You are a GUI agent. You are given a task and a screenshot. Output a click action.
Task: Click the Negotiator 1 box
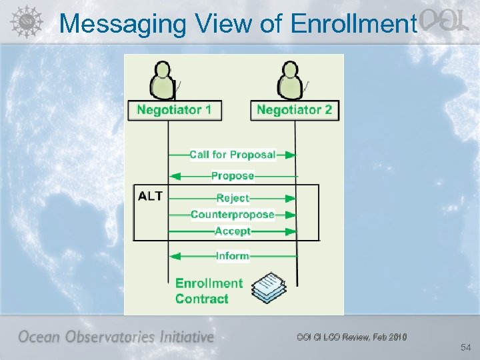(175, 110)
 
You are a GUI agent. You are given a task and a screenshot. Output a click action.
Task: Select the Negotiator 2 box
(294, 110)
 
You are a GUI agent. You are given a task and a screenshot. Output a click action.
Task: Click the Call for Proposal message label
(232, 155)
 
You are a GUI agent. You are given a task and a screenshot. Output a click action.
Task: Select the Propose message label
(233, 176)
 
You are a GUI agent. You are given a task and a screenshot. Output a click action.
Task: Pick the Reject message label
(233, 198)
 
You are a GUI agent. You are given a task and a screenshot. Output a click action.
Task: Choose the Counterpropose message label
(232, 215)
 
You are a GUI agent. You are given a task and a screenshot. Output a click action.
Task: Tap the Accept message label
(233, 231)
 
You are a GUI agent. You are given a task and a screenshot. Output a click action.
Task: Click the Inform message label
(233, 256)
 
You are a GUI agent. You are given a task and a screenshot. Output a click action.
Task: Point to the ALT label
(150, 196)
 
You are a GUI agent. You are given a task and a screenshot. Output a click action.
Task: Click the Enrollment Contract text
(209, 291)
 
